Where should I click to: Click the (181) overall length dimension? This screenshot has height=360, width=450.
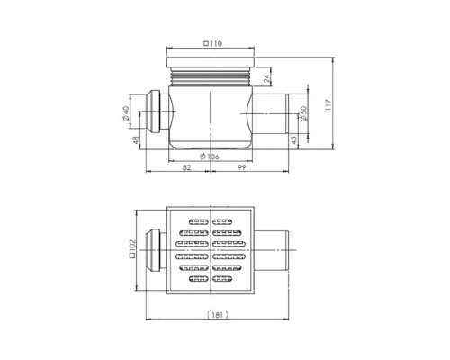point(215,315)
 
